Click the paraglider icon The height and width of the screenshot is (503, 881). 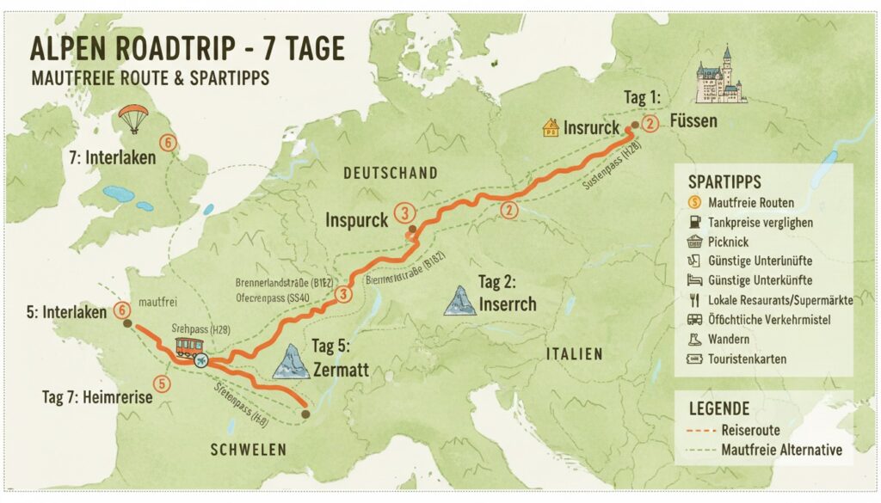(x=133, y=118)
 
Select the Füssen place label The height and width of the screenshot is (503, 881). (x=693, y=121)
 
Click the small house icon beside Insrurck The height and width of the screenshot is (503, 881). (x=550, y=128)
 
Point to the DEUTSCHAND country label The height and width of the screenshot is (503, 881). (x=391, y=174)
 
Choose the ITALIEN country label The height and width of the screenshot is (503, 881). (x=574, y=354)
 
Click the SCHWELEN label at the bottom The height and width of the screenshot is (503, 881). (x=249, y=450)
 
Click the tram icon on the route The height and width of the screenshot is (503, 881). (x=188, y=347)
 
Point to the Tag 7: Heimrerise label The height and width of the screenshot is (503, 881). (x=96, y=397)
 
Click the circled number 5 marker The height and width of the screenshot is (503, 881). (x=159, y=383)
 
